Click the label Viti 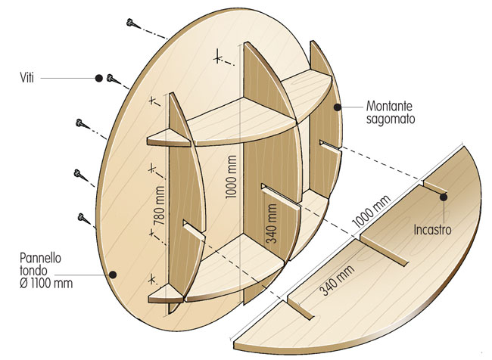27,77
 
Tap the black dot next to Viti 99,78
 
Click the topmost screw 132,23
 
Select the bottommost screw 83,218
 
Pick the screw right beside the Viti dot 113,79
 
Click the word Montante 389,106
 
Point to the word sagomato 391,119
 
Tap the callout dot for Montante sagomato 338,107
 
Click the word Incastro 432,230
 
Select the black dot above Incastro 444,197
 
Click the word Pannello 40,258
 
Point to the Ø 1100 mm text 46,284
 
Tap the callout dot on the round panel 113,275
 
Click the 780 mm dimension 160,206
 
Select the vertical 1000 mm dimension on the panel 231,177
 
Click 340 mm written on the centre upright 272,224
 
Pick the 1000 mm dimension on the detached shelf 372,211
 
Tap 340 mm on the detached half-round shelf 337,281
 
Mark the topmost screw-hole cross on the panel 217,58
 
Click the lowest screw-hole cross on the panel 152,279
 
